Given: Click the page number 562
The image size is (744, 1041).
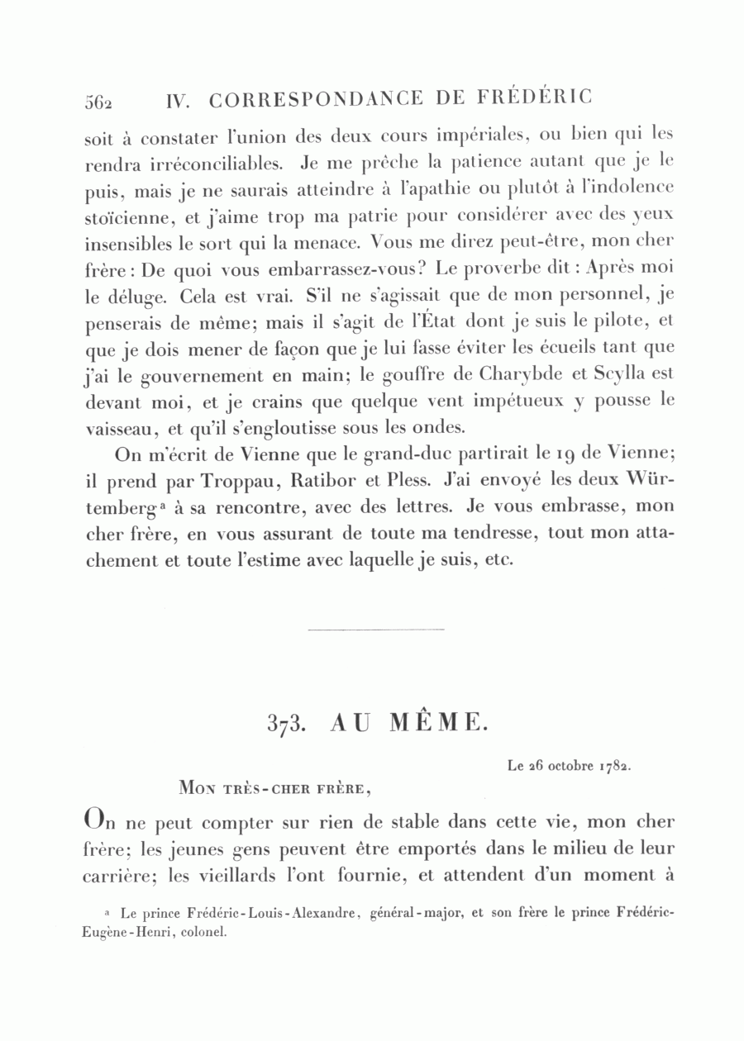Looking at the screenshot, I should [x=98, y=101].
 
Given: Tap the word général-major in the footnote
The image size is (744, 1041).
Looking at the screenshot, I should [x=417, y=914].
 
